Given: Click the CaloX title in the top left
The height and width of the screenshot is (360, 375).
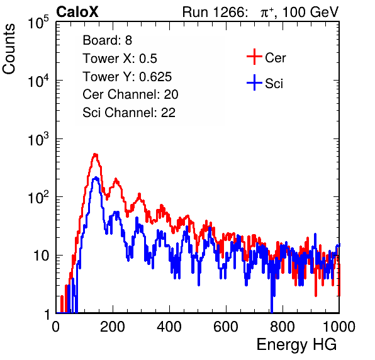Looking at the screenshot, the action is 77,12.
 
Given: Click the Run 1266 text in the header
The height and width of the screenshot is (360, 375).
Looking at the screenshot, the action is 215,12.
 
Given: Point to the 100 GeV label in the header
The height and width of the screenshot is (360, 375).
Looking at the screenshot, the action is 310,12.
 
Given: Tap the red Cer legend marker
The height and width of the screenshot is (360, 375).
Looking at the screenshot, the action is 254,57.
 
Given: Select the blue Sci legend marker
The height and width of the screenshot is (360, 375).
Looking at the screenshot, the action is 254,82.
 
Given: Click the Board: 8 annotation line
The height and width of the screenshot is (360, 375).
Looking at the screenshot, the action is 107,40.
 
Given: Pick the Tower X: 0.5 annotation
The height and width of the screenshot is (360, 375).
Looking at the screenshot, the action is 120,59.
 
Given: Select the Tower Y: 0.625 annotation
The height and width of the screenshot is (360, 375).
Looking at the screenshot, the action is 127,77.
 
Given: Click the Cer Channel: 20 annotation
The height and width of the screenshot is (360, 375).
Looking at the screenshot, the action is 130,94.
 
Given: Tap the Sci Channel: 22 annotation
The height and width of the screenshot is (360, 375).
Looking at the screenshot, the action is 129,113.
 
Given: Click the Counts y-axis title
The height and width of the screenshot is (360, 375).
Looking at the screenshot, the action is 9,49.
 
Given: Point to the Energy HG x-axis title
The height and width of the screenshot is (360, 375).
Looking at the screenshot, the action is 296,345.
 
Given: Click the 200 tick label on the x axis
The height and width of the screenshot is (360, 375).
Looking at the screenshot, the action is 113,327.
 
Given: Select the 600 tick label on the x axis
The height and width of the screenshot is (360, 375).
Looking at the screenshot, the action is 226,327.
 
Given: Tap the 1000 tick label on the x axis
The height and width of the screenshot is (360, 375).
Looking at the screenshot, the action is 339,327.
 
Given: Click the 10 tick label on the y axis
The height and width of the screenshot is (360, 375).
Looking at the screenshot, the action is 41,256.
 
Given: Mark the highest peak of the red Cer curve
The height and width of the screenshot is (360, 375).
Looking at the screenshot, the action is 95,154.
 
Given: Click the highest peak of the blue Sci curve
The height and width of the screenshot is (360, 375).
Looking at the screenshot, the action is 96,177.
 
